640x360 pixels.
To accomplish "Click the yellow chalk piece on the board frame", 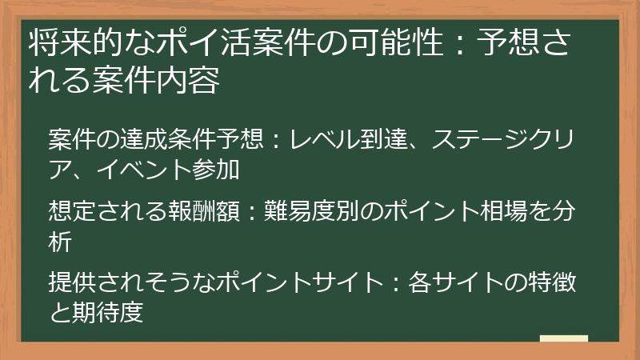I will click(x=563, y=338).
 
